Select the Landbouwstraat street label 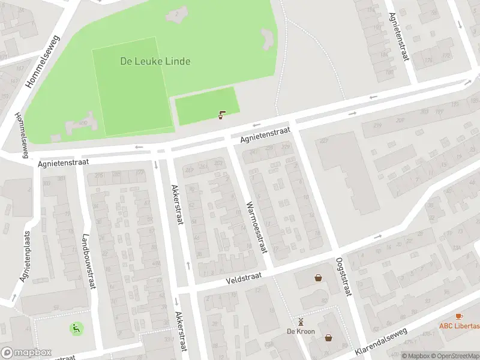click(x=88, y=262)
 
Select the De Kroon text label click(x=301, y=331)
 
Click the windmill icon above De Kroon click(x=301, y=322)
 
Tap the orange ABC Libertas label click(x=459, y=326)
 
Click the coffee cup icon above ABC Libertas click(x=460, y=316)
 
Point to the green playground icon click(x=76, y=328)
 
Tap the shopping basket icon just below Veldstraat click(x=318, y=278)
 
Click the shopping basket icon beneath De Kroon click(x=328, y=338)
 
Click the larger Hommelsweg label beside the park click(x=43, y=61)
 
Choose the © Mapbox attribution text click(x=416, y=356)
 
